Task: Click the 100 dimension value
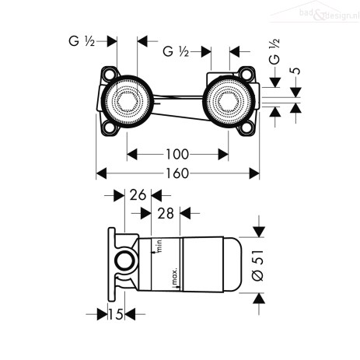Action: point(177,155)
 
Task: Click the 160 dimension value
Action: point(177,173)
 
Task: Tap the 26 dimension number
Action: point(138,195)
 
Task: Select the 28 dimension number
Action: point(166,214)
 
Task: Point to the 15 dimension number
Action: point(116,315)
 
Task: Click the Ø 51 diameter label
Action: point(258,265)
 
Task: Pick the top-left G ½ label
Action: point(82,41)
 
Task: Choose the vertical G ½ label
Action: point(274,51)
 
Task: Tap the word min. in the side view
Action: point(159,245)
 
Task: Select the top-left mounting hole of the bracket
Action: point(110,73)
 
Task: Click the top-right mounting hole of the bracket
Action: point(246,73)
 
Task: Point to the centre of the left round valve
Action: point(127,101)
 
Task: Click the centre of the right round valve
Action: point(229,101)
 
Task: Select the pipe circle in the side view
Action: point(125,260)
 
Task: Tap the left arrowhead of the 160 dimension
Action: point(101,173)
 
